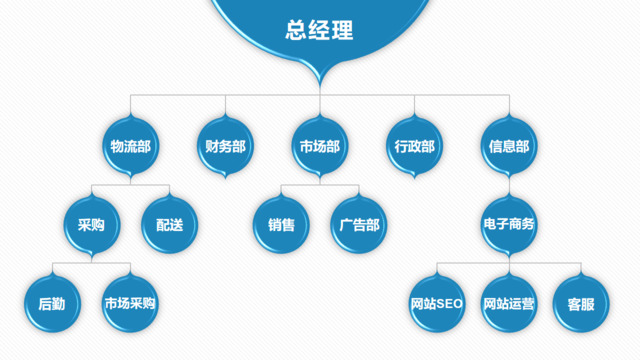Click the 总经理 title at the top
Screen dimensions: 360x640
coord(319,30)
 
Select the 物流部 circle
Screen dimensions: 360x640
coord(130,146)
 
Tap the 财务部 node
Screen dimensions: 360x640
coord(225,146)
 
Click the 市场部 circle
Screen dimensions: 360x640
coord(319,146)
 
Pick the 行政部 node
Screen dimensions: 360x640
coord(414,146)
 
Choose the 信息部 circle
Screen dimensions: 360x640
coord(508,146)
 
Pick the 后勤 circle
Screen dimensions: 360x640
coord(52,303)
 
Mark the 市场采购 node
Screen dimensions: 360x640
coord(130,303)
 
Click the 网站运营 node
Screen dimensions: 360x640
coord(508,303)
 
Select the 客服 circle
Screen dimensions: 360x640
coord(580,303)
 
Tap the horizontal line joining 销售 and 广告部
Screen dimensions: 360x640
coord(319,186)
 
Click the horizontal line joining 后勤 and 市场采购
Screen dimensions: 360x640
coord(91,264)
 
